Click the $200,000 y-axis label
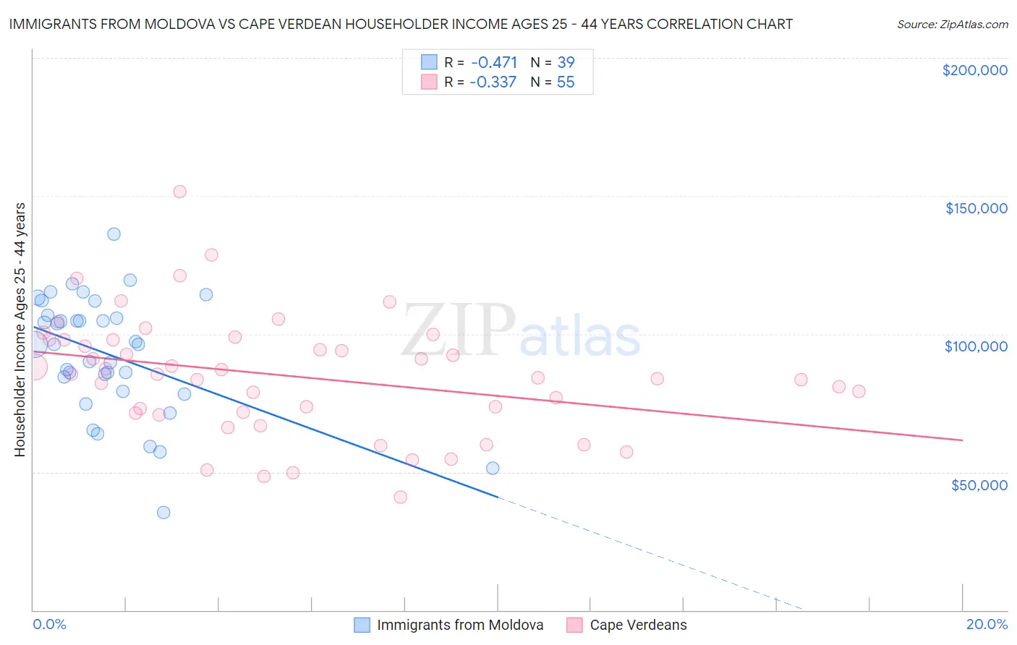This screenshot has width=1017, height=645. (x=974, y=70)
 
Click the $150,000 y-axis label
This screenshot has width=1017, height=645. (x=976, y=208)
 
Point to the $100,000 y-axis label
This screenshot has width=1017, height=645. (x=976, y=346)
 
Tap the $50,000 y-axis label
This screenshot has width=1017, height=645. (x=979, y=484)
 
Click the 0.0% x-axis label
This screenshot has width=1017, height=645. (x=49, y=624)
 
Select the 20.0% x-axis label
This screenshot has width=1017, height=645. (x=987, y=624)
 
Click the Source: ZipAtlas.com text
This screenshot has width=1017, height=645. (x=952, y=25)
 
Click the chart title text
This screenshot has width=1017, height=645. (x=401, y=24)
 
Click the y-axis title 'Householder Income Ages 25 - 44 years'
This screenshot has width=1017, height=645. (x=20, y=330)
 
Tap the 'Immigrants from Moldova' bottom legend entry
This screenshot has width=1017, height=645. (x=459, y=625)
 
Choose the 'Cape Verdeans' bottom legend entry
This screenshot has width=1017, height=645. (x=638, y=625)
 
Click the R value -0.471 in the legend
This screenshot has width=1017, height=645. (x=493, y=62)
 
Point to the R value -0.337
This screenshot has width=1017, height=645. (x=493, y=82)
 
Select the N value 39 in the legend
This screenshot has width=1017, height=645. (x=566, y=62)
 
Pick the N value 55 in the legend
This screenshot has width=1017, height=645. (x=566, y=82)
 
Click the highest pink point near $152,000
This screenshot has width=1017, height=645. (x=180, y=192)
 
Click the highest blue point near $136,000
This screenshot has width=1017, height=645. (x=114, y=234)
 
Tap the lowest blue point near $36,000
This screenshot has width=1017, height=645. (x=163, y=513)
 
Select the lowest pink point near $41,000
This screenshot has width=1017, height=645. (x=401, y=497)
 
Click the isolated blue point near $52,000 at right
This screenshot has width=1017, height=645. (x=493, y=468)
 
